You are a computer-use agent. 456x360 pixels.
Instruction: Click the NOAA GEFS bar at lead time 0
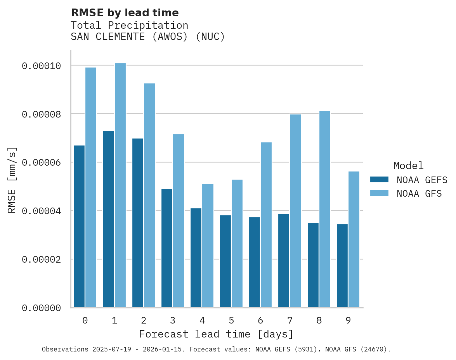(x=79, y=227)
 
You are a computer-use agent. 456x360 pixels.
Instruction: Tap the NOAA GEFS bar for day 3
(x=167, y=248)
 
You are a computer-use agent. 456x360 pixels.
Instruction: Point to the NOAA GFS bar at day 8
(x=325, y=209)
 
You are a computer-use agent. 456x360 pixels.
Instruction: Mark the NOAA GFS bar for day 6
(x=266, y=225)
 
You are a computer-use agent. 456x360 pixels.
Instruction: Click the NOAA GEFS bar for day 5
(x=225, y=261)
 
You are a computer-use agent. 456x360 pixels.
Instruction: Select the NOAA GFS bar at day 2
(x=149, y=196)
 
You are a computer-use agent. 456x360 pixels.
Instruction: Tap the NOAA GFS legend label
(x=419, y=193)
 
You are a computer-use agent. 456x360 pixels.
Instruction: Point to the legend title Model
(x=408, y=166)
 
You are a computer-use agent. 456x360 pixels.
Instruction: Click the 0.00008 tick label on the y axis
(x=42, y=114)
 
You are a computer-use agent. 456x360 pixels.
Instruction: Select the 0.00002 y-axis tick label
(x=42, y=259)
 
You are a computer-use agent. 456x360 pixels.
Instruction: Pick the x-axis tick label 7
(x=290, y=320)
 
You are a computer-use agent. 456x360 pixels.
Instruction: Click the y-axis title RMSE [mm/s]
(x=12, y=180)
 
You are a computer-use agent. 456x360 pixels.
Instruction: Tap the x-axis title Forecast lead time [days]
(x=216, y=334)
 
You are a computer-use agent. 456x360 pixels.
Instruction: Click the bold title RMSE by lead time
(x=125, y=13)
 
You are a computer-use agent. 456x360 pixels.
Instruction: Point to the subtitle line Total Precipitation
(x=129, y=25)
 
